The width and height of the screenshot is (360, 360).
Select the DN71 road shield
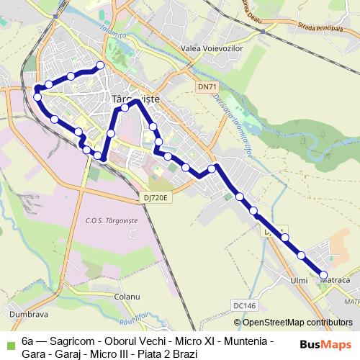pos(207,87)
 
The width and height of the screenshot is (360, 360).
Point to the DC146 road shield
pos(245,305)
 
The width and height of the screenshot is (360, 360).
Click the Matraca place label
pos(335,279)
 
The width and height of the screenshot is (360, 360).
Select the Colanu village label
pos(125,296)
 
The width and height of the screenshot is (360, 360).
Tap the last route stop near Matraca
pos(323,275)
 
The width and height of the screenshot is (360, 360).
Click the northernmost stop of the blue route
pos(100,66)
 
